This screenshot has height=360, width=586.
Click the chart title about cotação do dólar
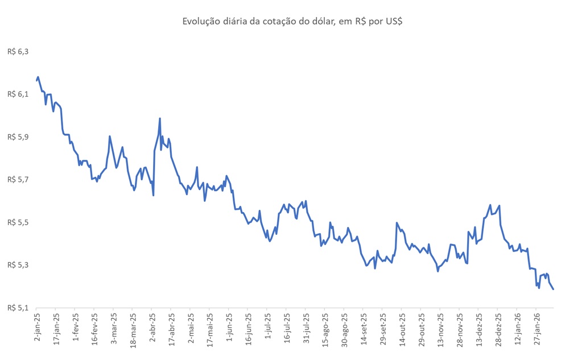292,22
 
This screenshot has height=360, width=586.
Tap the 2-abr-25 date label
152,329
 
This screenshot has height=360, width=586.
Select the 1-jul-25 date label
267,329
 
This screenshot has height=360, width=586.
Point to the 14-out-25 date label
401,330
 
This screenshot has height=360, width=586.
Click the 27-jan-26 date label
536,330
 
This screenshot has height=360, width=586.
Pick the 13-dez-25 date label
478,330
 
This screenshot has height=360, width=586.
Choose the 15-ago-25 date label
324,330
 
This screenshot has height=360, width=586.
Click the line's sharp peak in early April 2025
160,118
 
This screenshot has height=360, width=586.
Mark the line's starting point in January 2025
36,80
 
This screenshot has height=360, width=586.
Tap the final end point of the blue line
554,289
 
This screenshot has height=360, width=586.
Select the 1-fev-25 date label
75,329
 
